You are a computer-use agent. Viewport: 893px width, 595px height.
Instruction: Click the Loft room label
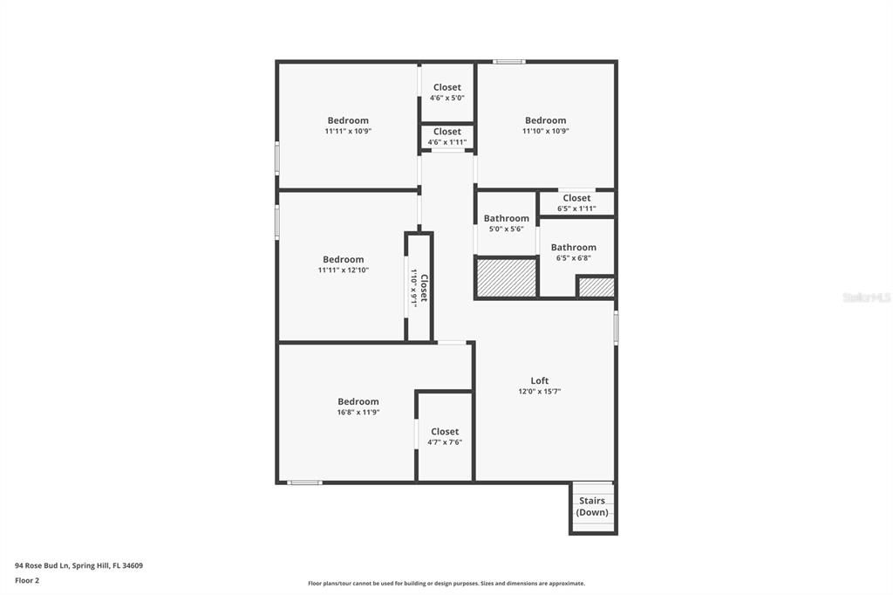(540, 380)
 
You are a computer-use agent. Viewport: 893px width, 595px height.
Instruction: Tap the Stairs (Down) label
(592, 506)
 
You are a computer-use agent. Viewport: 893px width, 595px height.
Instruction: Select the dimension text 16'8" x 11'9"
(358, 413)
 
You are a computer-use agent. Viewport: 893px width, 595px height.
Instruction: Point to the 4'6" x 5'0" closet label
(446, 98)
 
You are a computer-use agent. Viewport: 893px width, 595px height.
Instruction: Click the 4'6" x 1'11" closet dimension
(446, 142)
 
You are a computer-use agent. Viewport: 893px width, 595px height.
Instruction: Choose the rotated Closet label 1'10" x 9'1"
(419, 288)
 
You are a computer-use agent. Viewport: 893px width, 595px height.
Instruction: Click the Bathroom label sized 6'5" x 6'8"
(573, 247)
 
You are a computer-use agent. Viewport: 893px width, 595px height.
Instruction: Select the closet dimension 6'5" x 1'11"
(576, 209)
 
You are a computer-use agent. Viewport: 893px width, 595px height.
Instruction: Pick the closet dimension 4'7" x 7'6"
(445, 442)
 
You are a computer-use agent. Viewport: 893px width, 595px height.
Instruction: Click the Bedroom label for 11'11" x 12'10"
(343, 259)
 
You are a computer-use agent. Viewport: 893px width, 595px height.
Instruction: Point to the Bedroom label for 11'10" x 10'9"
(545, 120)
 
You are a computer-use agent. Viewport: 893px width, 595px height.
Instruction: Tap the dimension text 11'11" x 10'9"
(348, 131)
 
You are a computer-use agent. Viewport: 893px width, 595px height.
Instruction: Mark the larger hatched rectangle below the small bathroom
(506, 277)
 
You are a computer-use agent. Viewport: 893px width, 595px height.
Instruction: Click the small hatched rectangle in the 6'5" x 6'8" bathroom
(596, 287)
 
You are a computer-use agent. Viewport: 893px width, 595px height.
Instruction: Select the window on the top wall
(508, 61)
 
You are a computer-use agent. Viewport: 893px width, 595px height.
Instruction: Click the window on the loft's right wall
(616, 328)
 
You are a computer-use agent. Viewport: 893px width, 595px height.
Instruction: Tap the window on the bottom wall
(304, 482)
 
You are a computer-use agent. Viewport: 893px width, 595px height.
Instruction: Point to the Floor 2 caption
(27, 580)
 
